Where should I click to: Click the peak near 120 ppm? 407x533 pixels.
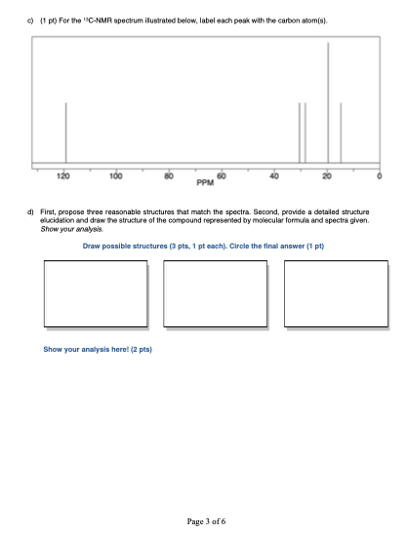[65, 132]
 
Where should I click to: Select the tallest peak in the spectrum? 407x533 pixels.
[328, 102]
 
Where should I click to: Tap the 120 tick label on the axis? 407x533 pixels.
[64, 175]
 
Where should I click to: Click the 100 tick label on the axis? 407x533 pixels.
[117, 175]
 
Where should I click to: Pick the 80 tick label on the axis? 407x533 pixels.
[170, 175]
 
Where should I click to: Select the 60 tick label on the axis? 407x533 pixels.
[222, 175]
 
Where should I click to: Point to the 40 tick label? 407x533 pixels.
[274, 175]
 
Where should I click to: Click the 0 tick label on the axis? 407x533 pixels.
[380, 175]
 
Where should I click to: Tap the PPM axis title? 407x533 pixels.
[205, 182]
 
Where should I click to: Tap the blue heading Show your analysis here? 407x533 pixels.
[98, 348]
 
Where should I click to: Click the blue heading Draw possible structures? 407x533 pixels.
[203, 247]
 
